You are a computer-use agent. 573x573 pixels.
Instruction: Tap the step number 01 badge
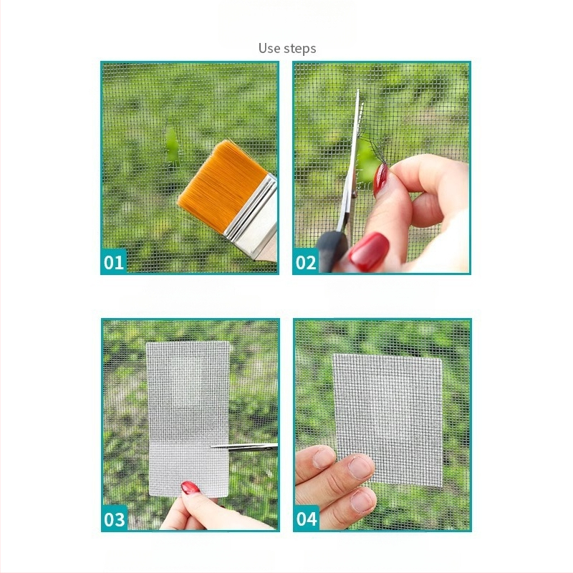pos(114,261)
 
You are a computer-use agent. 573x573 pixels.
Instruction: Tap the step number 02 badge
pos(306,261)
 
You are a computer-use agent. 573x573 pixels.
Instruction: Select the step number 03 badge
pos(115,519)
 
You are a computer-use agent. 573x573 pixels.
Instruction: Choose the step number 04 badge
pos(307,519)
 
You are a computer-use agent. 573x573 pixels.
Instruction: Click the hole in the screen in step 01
pos(171,145)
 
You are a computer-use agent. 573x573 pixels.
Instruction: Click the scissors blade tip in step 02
pos(358,91)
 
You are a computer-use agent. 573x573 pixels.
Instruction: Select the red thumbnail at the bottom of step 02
pos(368,252)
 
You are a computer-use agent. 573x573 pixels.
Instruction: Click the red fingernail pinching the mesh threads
pos(380,180)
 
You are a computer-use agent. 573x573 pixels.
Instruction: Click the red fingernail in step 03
pos(190,488)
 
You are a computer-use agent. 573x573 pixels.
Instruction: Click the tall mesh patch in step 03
pos(188,419)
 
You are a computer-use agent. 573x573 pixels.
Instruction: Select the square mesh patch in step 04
pos(387,420)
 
